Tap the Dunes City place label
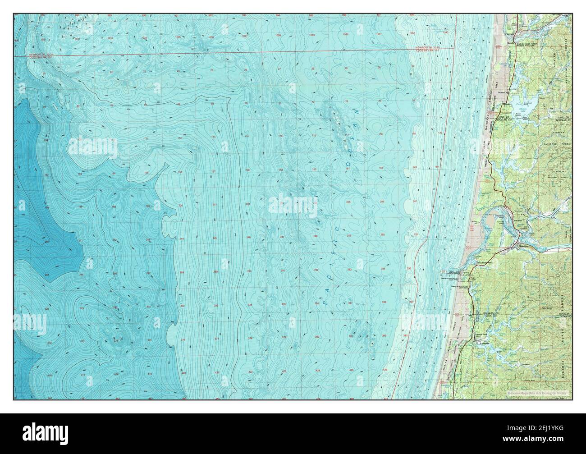pyautogui.click(x=502, y=93)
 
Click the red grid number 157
pyautogui.click(x=214, y=172)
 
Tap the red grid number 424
pyautogui.click(x=318, y=371)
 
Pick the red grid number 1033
pyautogui.click(x=110, y=39)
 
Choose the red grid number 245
pyautogui.click(x=215, y=238)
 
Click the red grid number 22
pyautogui.click(x=111, y=72)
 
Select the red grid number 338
pyautogui.click(x=383, y=302)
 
